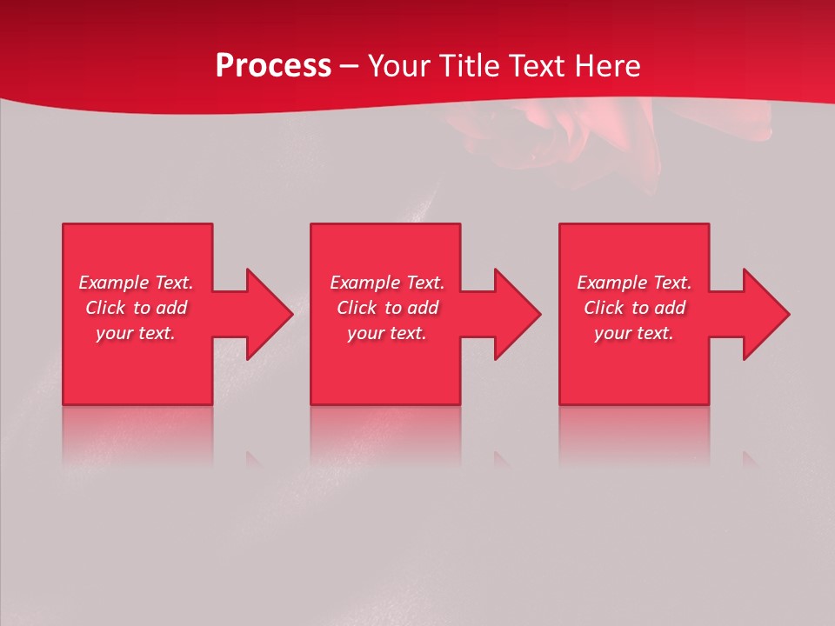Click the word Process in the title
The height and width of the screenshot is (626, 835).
(273, 66)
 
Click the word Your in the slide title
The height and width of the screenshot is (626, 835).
(399, 66)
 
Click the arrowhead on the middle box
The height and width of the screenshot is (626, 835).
(517, 314)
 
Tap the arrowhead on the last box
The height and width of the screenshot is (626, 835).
(765, 314)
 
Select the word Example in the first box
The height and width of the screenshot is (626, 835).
(114, 283)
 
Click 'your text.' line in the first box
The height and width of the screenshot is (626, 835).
(136, 333)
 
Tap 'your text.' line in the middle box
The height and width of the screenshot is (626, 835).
(387, 333)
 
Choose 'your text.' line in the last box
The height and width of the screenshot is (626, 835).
(634, 333)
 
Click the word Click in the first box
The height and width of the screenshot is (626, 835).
(105, 308)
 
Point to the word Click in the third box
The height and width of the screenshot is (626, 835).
(604, 308)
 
